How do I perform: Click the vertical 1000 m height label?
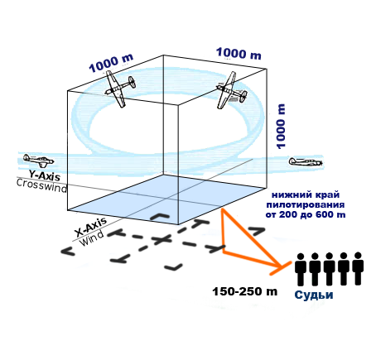coord(281,127)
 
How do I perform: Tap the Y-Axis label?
coord(45,175)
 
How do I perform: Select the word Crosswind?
coord(41,185)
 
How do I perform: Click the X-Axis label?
coord(91,227)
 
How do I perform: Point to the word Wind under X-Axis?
coord(92,238)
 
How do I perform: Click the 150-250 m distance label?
coord(244,291)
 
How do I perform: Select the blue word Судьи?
coord(314,295)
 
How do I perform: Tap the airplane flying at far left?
coord(38,161)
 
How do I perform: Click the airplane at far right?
coord(306,161)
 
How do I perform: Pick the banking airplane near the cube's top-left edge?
coord(119,88)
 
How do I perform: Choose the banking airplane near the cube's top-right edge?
coord(231,90)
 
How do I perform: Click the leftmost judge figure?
coord(301,270)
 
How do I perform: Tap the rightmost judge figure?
coord(358,268)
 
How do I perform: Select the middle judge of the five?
coord(329,269)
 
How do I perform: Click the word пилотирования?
coord(305,204)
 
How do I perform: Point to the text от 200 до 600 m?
coord(306,214)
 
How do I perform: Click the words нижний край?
coord(306,195)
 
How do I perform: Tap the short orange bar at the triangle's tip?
coord(281,268)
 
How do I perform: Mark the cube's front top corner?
coord(178,104)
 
